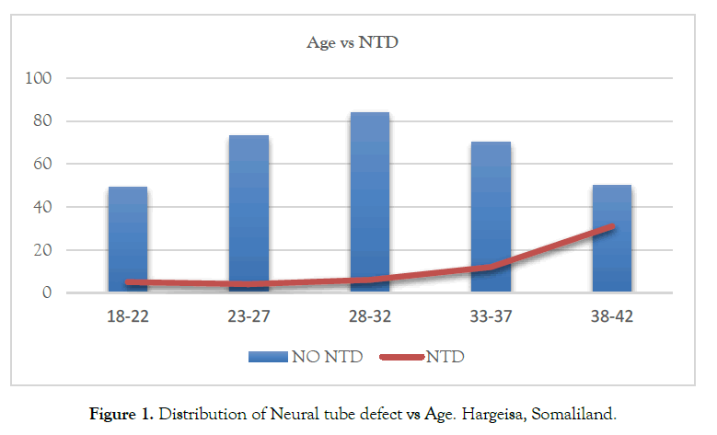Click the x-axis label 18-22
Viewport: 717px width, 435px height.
128,317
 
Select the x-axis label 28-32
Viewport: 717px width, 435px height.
369,317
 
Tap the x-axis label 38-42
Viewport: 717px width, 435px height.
611,317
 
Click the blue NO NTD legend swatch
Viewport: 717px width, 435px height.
269,357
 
